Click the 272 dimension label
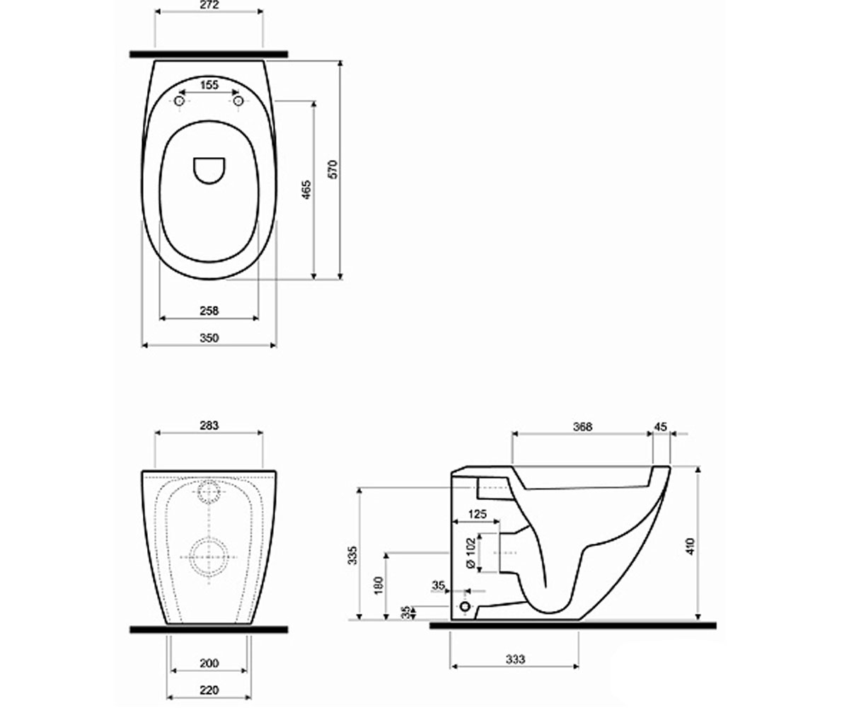pyautogui.click(x=209, y=5)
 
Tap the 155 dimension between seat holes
pyautogui.click(x=209, y=85)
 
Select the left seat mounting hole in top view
pyautogui.click(x=179, y=101)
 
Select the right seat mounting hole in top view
pyautogui.click(x=238, y=101)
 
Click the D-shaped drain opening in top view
pyautogui.click(x=209, y=171)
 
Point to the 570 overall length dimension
pyautogui.click(x=333, y=169)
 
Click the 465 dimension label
pyautogui.click(x=306, y=190)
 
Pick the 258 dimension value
pyautogui.click(x=209, y=311)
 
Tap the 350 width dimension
pyautogui.click(x=209, y=338)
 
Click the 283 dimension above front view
pyautogui.click(x=209, y=426)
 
